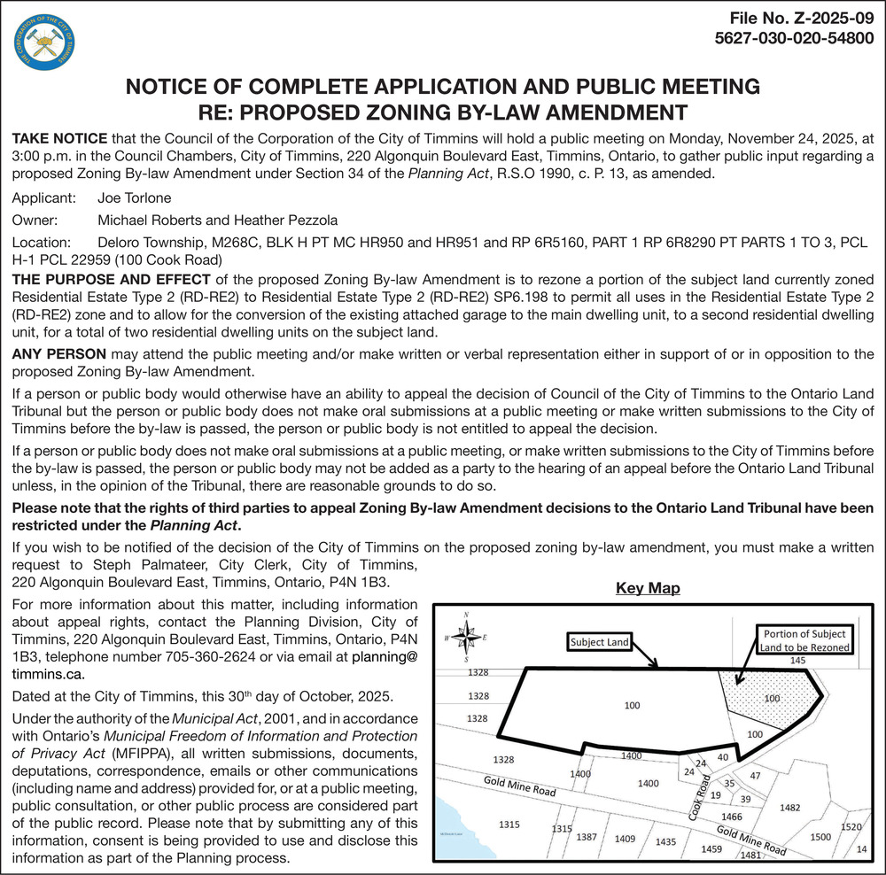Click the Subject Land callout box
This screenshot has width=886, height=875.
[x=598, y=641]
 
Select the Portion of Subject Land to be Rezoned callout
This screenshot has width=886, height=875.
[x=804, y=640]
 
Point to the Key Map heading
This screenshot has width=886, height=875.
[x=647, y=589]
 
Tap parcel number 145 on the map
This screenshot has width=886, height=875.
[x=797, y=661]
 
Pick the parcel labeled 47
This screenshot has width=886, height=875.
[x=756, y=776]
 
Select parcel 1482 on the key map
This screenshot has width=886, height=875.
[x=789, y=808]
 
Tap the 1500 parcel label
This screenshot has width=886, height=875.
[x=820, y=837]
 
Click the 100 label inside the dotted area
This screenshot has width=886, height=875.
[x=772, y=698]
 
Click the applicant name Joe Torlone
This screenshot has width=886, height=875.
[x=135, y=197]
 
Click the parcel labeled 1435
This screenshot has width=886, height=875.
[x=665, y=842]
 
